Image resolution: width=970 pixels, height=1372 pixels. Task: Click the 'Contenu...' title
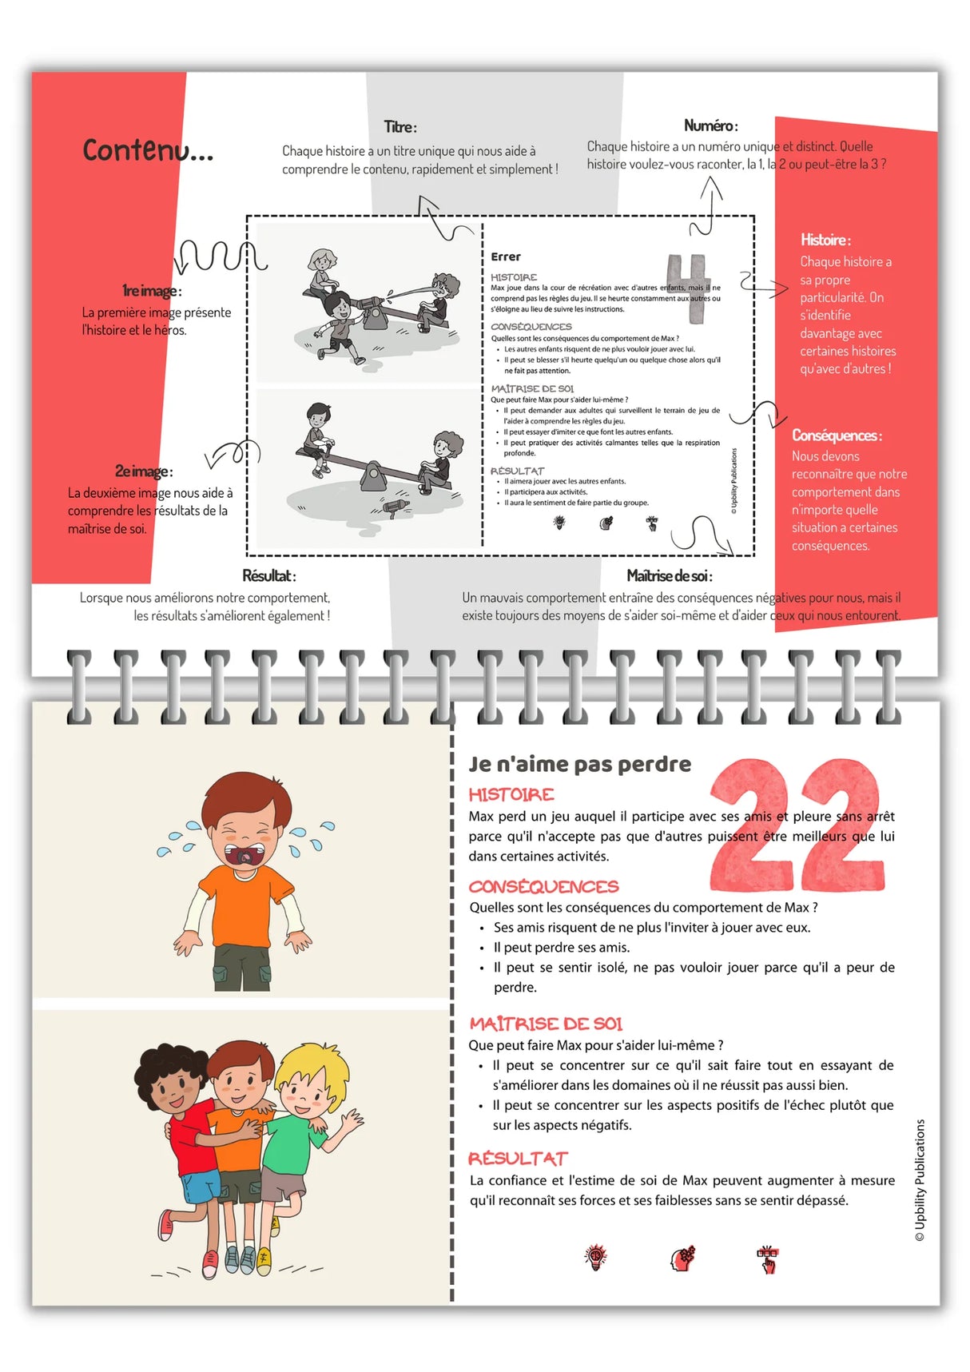148,150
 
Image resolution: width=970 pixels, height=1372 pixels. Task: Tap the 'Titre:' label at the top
400,127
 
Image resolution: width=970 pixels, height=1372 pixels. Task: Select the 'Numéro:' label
710,125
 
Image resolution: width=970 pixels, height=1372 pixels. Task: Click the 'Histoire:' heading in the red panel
825,240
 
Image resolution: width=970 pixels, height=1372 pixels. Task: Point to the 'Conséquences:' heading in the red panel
837,435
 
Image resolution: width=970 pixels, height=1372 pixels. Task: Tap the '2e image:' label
144,471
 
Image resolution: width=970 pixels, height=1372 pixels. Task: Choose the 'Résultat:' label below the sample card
269,576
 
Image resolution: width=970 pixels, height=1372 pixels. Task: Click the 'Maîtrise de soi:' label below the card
670,576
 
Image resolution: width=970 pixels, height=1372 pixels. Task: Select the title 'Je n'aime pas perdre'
579,765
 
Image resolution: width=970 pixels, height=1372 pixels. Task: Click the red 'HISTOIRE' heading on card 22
511,794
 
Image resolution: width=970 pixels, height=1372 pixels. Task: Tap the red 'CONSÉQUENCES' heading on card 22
543,886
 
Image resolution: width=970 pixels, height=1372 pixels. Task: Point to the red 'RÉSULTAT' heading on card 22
518,1159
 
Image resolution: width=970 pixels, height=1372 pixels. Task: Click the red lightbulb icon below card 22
595,1258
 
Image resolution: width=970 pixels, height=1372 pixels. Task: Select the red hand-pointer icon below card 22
768,1259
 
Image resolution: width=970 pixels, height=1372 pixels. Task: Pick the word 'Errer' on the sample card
506,257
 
